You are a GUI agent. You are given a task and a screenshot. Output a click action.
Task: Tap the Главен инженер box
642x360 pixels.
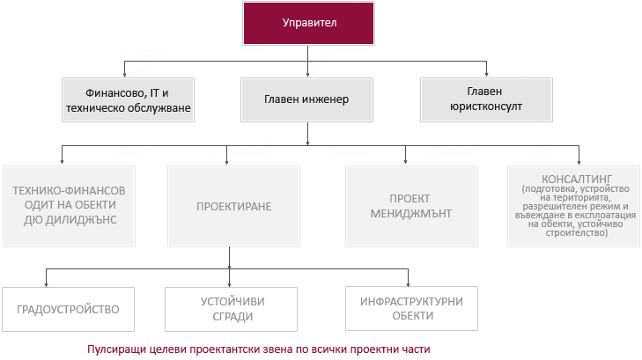pyautogui.click(x=307, y=99)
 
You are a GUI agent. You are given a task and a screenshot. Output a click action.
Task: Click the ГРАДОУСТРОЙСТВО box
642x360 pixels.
pyautogui.click(x=67, y=309)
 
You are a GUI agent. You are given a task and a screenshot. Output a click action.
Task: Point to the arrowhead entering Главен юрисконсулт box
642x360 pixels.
pyautogui.click(x=485, y=75)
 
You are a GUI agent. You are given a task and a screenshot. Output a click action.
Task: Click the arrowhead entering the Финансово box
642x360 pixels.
pyautogui.click(x=124, y=75)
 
